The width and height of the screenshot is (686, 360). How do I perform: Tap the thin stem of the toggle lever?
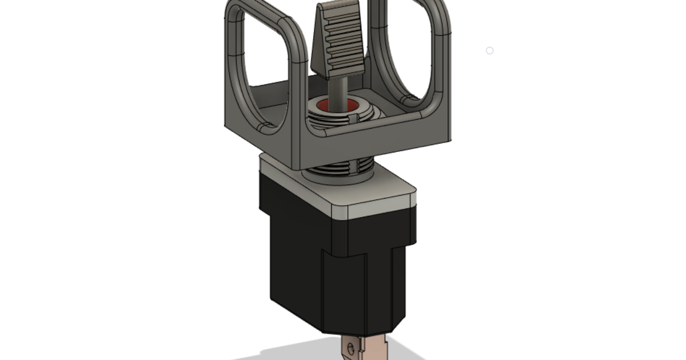click(x=340, y=91)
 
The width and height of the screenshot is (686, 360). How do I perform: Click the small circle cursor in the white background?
click(x=489, y=51)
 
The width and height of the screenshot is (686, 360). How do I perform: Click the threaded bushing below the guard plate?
click(x=337, y=169)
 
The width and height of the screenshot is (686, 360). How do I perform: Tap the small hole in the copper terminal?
click(x=350, y=347)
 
